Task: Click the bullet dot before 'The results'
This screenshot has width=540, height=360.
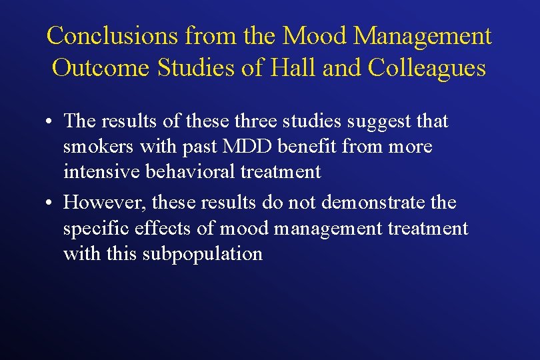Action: (x=51, y=123)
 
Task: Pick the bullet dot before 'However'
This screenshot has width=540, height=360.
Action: (x=51, y=203)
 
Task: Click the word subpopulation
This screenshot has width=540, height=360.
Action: (x=203, y=254)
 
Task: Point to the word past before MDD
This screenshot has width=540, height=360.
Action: (x=201, y=147)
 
